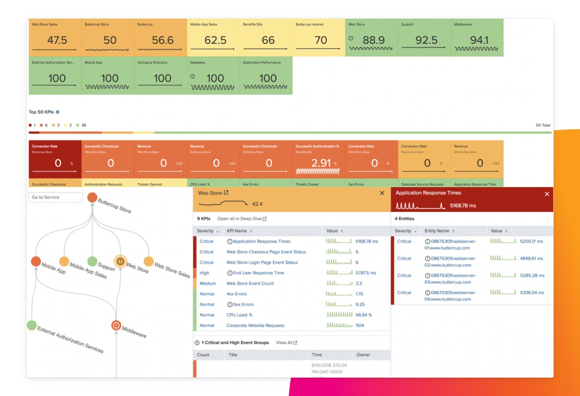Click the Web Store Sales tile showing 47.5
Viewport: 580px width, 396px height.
coord(55,38)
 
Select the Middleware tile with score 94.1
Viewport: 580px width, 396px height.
coord(477,38)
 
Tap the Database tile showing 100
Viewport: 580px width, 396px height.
coord(213,76)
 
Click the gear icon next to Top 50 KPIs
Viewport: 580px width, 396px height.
coord(58,112)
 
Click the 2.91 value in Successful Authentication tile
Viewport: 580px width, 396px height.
coord(321,163)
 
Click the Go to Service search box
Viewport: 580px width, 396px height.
coord(55,197)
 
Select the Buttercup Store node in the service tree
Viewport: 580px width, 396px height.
coord(92,197)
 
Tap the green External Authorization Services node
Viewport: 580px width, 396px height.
coord(32,325)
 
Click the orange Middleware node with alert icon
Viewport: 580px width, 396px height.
coord(116,325)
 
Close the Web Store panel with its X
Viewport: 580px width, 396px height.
coord(382,193)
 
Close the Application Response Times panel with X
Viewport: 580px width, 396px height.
coord(547,194)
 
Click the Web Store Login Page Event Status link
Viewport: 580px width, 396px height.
coord(262,263)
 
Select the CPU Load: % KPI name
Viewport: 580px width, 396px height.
coord(239,315)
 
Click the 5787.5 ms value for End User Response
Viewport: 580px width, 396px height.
coord(366,273)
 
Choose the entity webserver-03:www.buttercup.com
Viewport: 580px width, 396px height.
coord(450,279)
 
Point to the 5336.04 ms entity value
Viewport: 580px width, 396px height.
coord(532,293)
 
